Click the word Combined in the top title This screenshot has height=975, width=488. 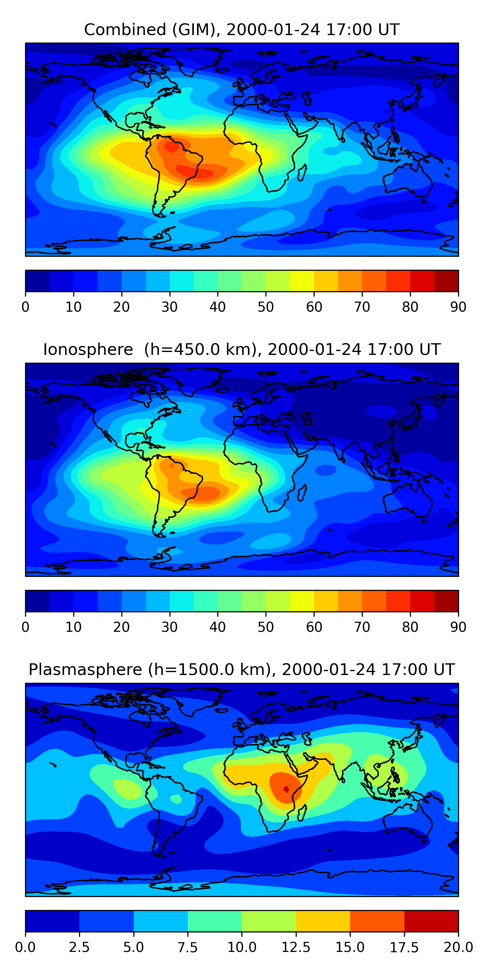pyautogui.click(x=125, y=30)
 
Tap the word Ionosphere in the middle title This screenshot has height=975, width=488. pyautogui.click(x=88, y=349)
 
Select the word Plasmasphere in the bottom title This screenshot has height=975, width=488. pyautogui.click(x=85, y=669)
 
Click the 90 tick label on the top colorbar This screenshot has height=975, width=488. pyautogui.click(x=458, y=307)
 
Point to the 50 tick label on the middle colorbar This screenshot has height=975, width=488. pyautogui.click(x=265, y=627)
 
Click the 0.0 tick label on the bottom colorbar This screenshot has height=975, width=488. pyautogui.click(x=25, y=947)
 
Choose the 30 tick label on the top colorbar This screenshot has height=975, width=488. pyautogui.click(x=169, y=307)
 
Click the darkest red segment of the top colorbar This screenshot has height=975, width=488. pyautogui.click(x=446, y=281)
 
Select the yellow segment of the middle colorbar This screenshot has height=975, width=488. pyautogui.click(x=302, y=601)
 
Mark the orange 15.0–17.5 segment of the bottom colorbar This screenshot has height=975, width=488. pyautogui.click(x=377, y=921)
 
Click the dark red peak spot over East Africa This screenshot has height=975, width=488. pyautogui.click(x=286, y=789)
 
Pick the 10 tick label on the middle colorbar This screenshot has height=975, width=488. pyautogui.click(x=73, y=627)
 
